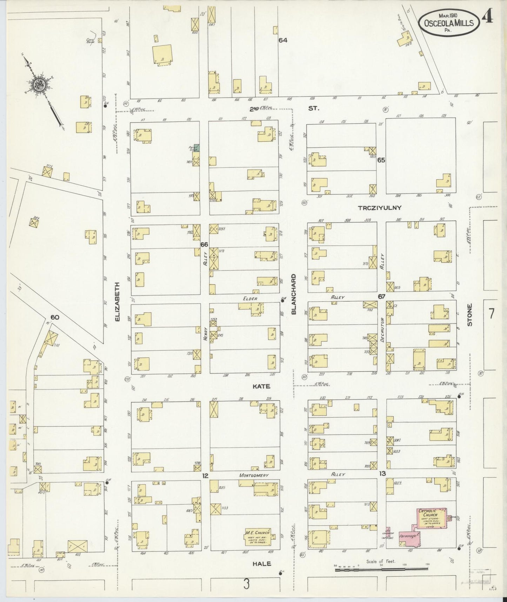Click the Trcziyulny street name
click(379, 208)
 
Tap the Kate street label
click(261, 386)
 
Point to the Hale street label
click(262, 563)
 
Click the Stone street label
click(469, 315)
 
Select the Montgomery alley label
click(254, 475)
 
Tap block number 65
click(381, 160)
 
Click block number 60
click(55, 317)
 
